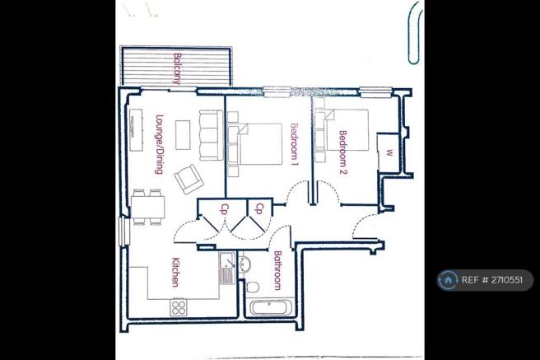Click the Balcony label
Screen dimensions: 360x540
pyautogui.click(x=177, y=68)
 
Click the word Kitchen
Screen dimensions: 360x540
pyautogui.click(x=175, y=273)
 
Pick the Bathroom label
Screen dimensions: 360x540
pyautogui.click(x=278, y=270)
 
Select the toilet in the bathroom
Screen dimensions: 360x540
pyautogui.click(x=254, y=285)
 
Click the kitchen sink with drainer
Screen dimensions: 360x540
pyautogui.click(x=226, y=268)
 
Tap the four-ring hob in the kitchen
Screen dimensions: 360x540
pyautogui.click(x=179, y=307)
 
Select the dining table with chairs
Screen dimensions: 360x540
pyautogui.click(x=148, y=205)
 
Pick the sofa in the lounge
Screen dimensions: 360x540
pyautogui.click(x=212, y=138)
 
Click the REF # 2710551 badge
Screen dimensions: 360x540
pyautogui.click(x=485, y=280)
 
